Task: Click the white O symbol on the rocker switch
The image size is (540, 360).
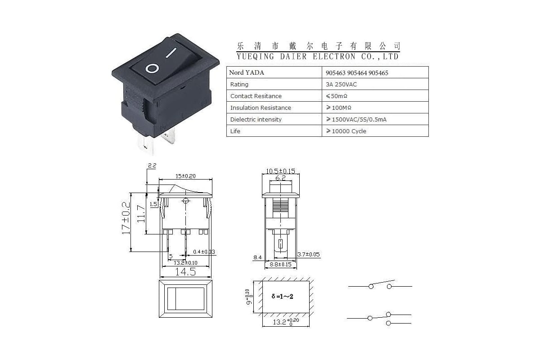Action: click(x=153, y=68)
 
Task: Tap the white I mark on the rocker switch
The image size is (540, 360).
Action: click(x=171, y=53)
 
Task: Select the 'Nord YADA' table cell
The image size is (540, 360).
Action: click(x=247, y=72)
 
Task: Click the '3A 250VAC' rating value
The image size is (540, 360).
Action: click(x=341, y=85)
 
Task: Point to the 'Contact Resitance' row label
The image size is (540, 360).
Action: click(x=256, y=96)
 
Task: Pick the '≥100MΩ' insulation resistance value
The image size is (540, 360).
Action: click(x=338, y=108)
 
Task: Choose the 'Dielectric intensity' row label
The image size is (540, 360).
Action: click(x=256, y=119)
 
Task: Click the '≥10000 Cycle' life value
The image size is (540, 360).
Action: click(x=346, y=131)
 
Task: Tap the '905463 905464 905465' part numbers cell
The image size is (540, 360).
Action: click(x=357, y=73)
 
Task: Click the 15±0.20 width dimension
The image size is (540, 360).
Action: click(x=185, y=176)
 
